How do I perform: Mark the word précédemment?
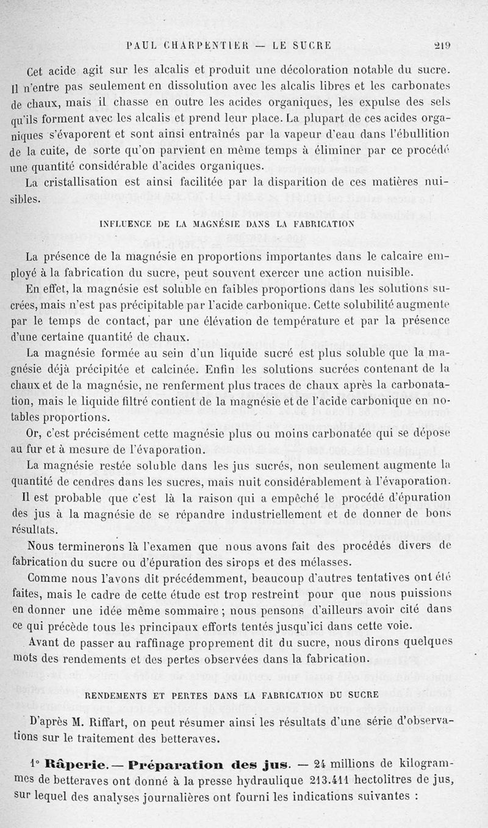[x=201, y=577]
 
